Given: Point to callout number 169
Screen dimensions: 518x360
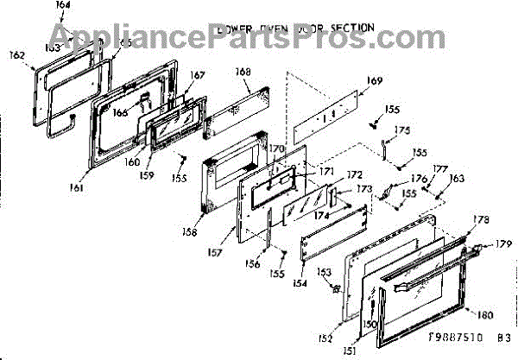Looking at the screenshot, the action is click(x=373, y=81).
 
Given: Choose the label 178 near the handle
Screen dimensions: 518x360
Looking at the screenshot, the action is click(x=480, y=220).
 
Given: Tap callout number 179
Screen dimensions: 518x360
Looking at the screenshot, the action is click(x=504, y=245).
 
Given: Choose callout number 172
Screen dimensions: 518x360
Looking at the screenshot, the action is click(x=330, y=176).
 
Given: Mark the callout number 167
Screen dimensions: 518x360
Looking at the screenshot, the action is click(x=198, y=75).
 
